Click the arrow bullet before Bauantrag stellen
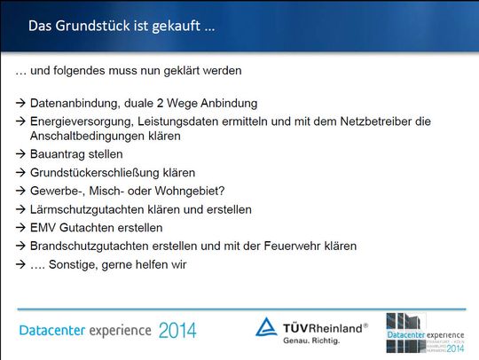(21, 154)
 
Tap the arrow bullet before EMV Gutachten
(21, 228)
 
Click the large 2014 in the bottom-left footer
(177, 331)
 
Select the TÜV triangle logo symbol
(267, 326)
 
